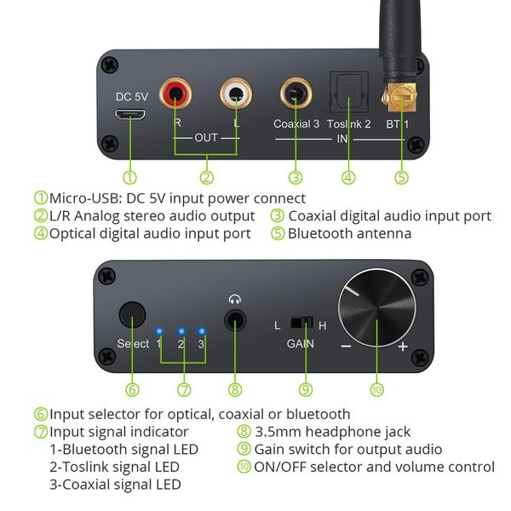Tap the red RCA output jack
pos(178,95)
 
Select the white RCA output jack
pos(236,94)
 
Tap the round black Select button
pos(132,315)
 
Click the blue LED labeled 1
pos(158,330)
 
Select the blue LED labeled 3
pos(202,330)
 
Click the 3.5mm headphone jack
pos(235,323)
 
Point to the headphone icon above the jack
pos(235,299)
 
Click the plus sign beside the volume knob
pos(402,346)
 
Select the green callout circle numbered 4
pos(348,178)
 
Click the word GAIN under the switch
pos(299,345)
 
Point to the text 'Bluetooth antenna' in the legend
pos(349,233)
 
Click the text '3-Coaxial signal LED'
pos(115,484)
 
